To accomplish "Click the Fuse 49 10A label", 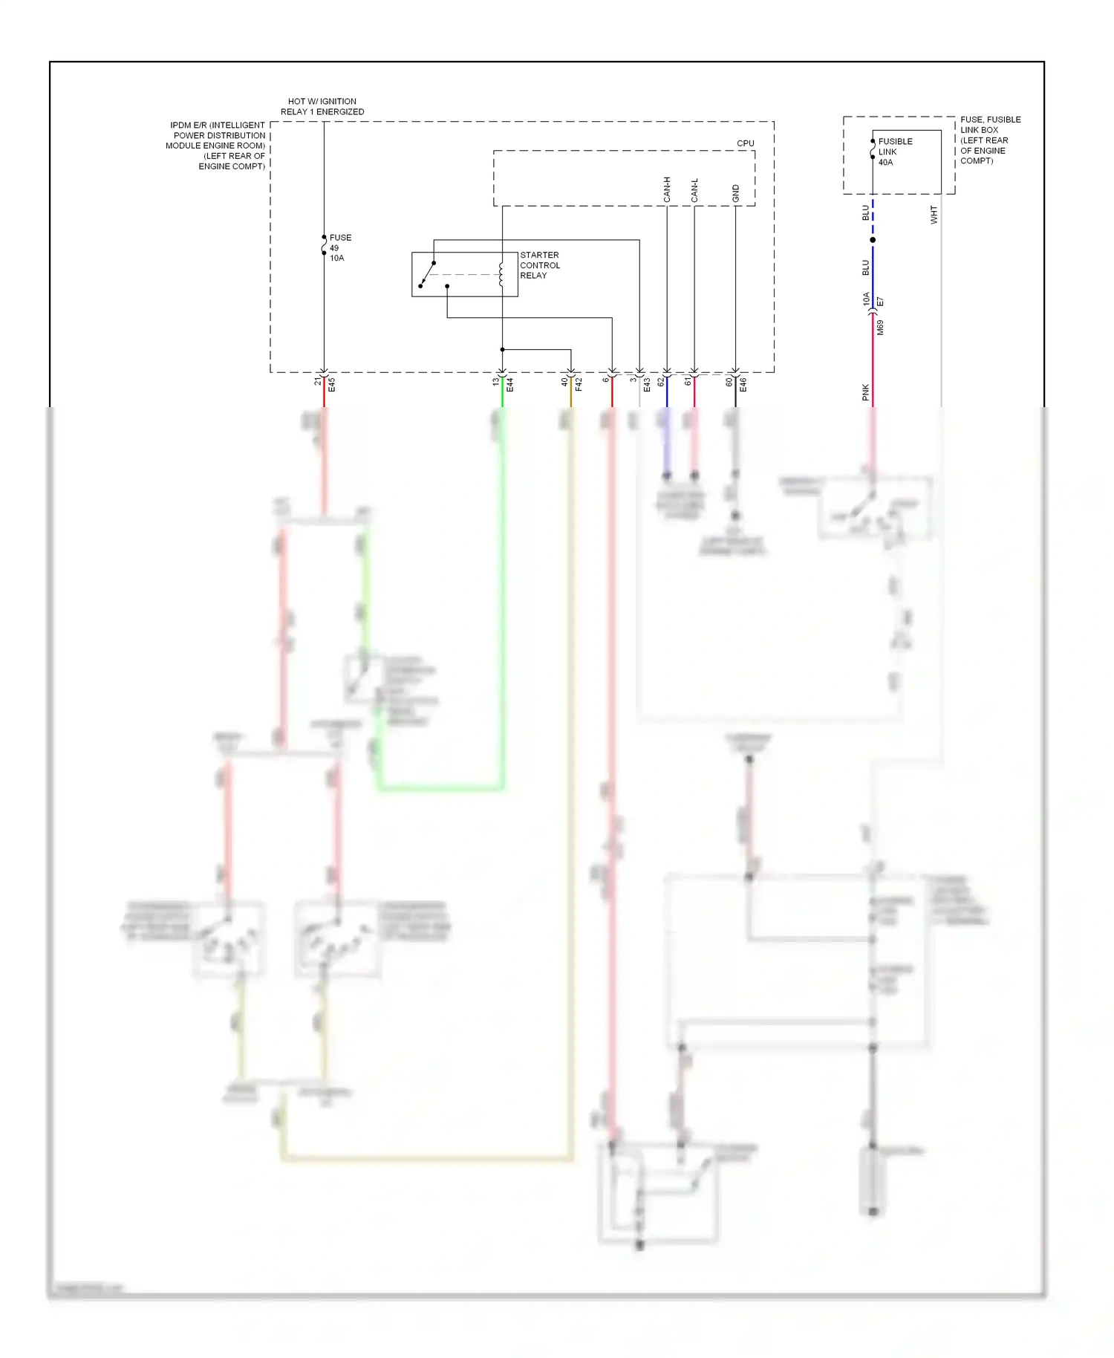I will [339, 247].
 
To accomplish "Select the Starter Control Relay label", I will [540, 265].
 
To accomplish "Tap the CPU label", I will [745, 143].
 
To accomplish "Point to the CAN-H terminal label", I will [667, 189].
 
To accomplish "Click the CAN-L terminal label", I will [694, 190].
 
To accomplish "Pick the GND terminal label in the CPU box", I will [736, 193].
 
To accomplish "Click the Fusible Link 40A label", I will [894, 152].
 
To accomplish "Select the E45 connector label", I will [332, 385].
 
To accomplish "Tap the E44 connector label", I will [509, 385].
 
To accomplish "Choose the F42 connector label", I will [579, 385].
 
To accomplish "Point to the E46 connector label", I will [743, 385].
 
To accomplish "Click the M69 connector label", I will [880, 328].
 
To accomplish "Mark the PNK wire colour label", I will [866, 392].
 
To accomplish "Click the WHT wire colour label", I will [934, 215].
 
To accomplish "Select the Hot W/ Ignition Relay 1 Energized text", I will [322, 106].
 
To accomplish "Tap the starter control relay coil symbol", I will [502, 274].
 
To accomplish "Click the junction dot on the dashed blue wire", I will [873, 240].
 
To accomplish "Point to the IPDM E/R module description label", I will [216, 146].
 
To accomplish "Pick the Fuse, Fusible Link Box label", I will [989, 140].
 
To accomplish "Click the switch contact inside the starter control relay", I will [427, 274].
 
